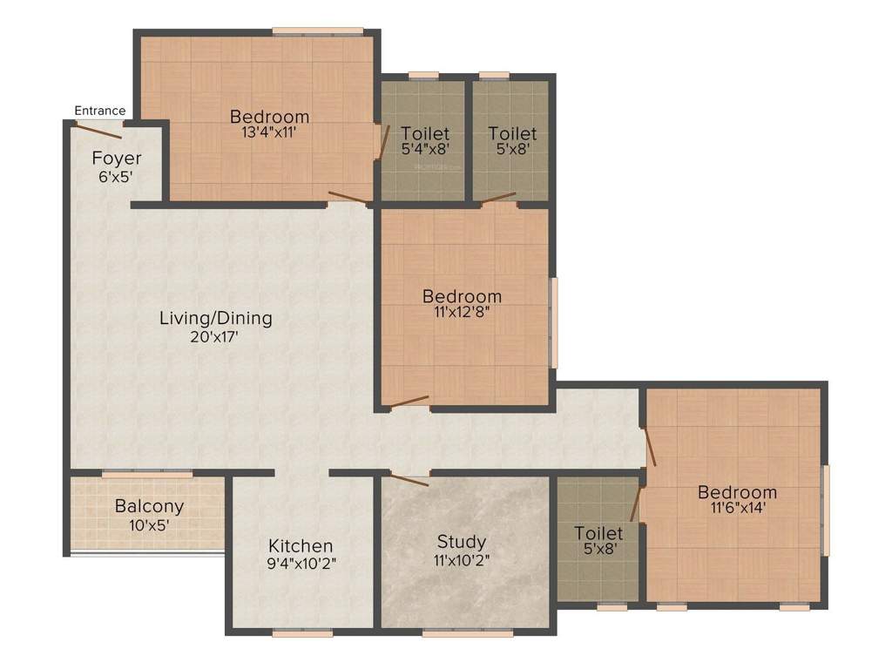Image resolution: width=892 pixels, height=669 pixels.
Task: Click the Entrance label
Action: [x=100, y=111]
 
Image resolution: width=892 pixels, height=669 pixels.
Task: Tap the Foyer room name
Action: [x=117, y=159]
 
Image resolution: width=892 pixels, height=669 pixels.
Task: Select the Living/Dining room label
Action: [x=215, y=318]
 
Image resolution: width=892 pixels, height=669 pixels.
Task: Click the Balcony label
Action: [x=150, y=506]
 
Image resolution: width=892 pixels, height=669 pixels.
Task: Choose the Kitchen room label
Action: [x=300, y=546]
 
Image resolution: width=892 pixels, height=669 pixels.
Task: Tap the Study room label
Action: [x=462, y=543]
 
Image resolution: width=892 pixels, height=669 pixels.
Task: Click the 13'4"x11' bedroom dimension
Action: [x=269, y=133]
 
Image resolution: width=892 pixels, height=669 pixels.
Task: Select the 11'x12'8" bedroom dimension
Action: [x=462, y=313]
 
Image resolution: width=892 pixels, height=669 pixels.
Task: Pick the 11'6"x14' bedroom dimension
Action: [x=737, y=509]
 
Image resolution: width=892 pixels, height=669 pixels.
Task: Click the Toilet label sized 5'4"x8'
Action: [x=425, y=133]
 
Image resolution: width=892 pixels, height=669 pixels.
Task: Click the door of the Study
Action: [x=409, y=479]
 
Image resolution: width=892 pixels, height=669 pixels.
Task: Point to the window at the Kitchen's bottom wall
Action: [x=302, y=633]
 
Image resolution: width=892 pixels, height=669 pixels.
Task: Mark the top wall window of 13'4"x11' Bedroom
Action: [x=317, y=32]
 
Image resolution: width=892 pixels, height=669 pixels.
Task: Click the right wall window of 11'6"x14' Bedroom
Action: [x=826, y=510]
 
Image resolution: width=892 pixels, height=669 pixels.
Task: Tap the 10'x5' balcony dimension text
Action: [x=150, y=524]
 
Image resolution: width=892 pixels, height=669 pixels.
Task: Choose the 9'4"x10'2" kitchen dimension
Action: [x=300, y=563]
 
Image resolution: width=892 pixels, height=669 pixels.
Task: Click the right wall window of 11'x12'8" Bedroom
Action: [x=553, y=322]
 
